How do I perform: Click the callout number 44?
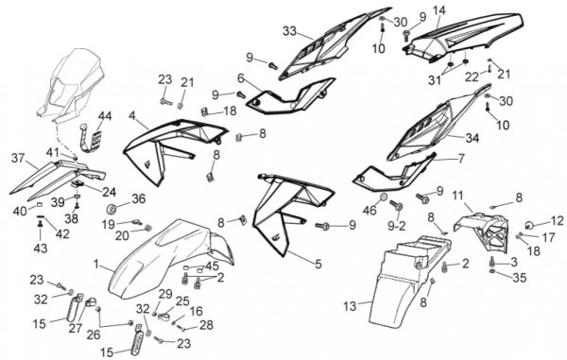tap(105, 116)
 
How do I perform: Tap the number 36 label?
tap(139, 198)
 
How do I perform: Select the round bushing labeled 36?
tap(112, 209)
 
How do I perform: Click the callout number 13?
tap(350, 306)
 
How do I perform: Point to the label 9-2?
tap(397, 226)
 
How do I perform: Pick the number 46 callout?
tap(369, 210)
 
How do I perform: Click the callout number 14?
tap(439, 10)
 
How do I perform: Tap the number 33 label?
tap(290, 31)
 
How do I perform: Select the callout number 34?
tap(472, 138)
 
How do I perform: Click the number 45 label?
tap(212, 266)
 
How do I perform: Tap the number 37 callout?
tap(18, 158)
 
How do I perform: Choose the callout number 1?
tap(95, 265)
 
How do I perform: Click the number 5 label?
tap(318, 264)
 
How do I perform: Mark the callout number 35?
tap(519, 278)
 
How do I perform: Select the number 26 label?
tap(94, 334)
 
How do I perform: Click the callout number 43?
tap(41, 249)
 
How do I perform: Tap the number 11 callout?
tap(457, 197)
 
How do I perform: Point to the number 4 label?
tap(132, 116)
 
